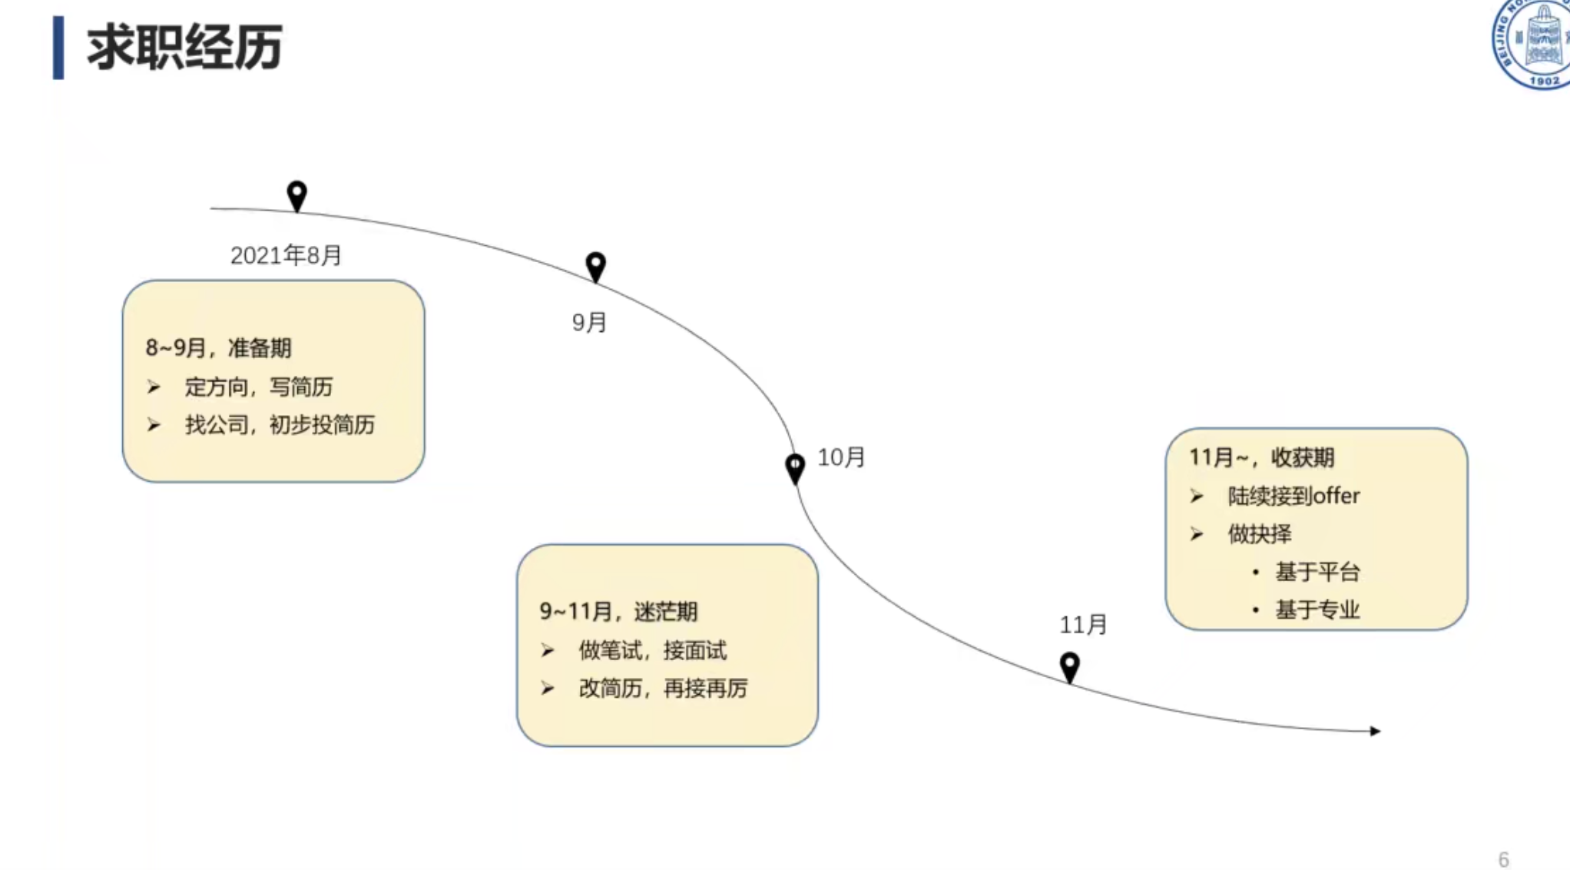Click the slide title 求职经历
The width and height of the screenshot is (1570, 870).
coord(184,48)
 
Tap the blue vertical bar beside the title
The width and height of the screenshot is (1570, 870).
coord(58,48)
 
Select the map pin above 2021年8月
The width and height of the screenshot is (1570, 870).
coord(297,195)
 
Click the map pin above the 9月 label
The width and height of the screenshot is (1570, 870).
coord(595,266)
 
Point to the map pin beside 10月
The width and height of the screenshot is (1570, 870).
coord(795,467)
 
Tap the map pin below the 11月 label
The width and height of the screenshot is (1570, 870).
coord(1070,666)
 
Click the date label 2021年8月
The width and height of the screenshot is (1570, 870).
coord(286,255)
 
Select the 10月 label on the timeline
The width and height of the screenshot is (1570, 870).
coord(841,457)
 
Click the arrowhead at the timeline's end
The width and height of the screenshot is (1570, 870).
coord(1375,731)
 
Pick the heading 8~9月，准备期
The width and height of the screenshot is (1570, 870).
coord(219,348)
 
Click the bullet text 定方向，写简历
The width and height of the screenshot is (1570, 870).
coord(259,387)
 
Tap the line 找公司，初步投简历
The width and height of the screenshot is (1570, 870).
coord(280,424)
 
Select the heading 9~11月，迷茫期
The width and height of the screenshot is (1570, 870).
coord(618,612)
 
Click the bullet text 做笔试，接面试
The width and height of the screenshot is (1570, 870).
coord(652,650)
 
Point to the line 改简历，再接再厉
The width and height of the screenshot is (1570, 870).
coord(663,688)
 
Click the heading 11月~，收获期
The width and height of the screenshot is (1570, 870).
coord(1261,457)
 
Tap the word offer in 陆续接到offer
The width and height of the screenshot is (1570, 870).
coord(1336,496)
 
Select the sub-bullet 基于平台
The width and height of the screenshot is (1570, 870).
coord(1317,572)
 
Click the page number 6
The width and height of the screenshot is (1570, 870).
coord(1503,859)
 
